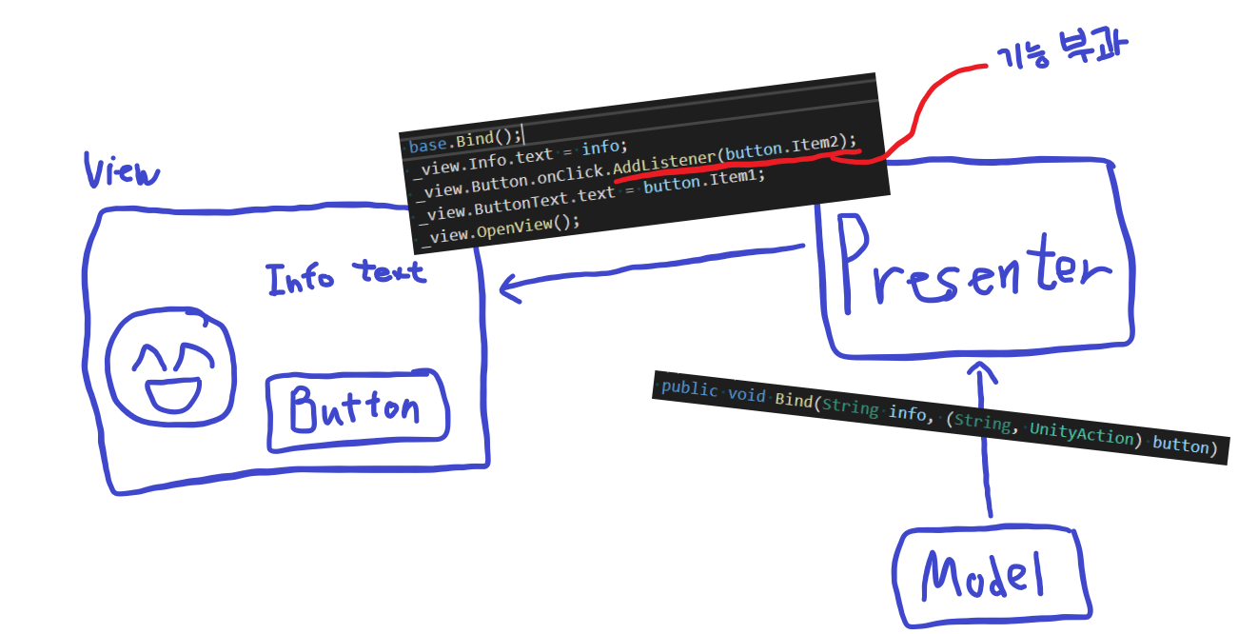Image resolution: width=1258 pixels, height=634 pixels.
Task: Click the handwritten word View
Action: click(x=122, y=169)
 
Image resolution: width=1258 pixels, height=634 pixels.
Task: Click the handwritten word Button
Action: click(x=355, y=408)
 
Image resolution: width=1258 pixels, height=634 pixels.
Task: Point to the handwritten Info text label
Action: click(x=346, y=277)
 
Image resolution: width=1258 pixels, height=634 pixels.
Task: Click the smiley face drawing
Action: click(x=170, y=367)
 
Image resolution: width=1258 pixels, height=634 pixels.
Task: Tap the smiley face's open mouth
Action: click(x=173, y=394)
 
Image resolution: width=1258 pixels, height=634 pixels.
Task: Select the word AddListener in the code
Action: click(x=664, y=161)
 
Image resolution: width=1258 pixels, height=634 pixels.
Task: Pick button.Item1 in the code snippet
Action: click(x=703, y=181)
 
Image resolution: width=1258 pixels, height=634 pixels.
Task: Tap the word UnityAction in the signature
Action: click(x=1082, y=434)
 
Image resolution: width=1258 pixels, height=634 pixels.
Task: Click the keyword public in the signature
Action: click(x=690, y=388)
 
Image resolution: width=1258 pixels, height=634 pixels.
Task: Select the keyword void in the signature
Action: click(x=746, y=394)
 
